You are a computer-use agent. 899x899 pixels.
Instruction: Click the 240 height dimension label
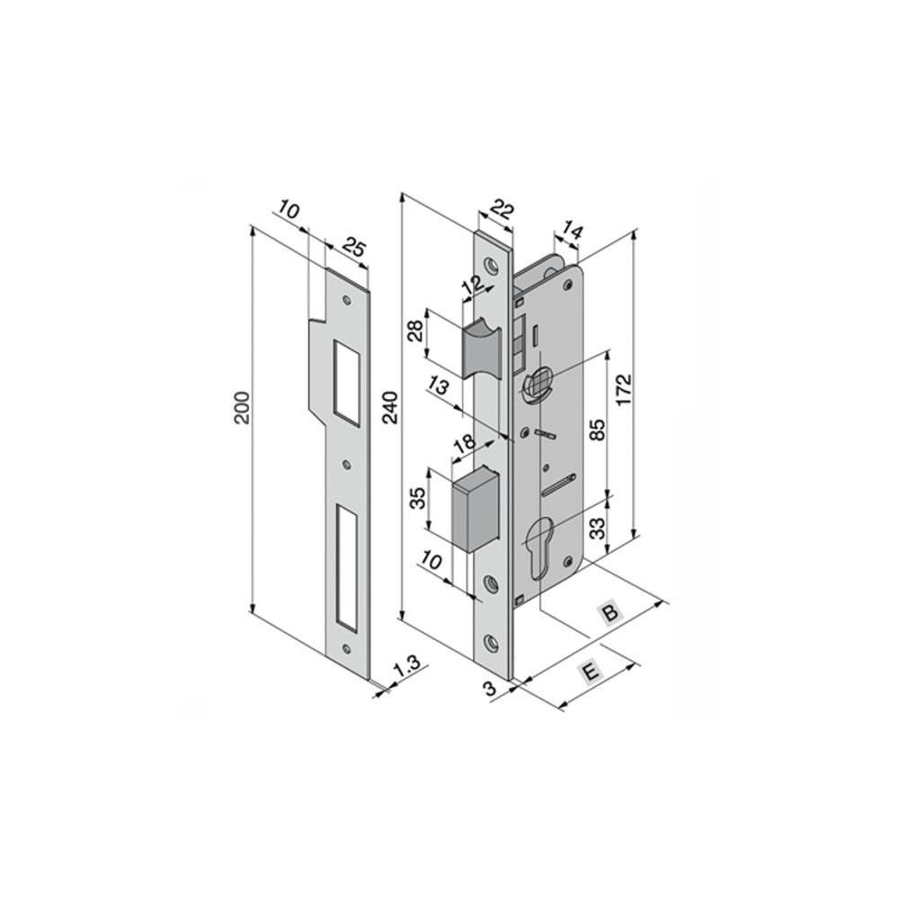pyautogui.click(x=390, y=407)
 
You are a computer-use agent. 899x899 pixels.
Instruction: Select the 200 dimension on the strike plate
pyautogui.click(x=243, y=407)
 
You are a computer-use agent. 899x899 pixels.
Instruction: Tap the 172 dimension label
pyautogui.click(x=624, y=390)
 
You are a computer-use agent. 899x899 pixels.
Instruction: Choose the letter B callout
pyautogui.click(x=610, y=612)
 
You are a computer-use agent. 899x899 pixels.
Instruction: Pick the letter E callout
pyautogui.click(x=591, y=672)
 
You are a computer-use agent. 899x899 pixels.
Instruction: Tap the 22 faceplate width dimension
pyautogui.click(x=501, y=210)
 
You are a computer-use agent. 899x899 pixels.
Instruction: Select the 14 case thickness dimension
pyautogui.click(x=572, y=231)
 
